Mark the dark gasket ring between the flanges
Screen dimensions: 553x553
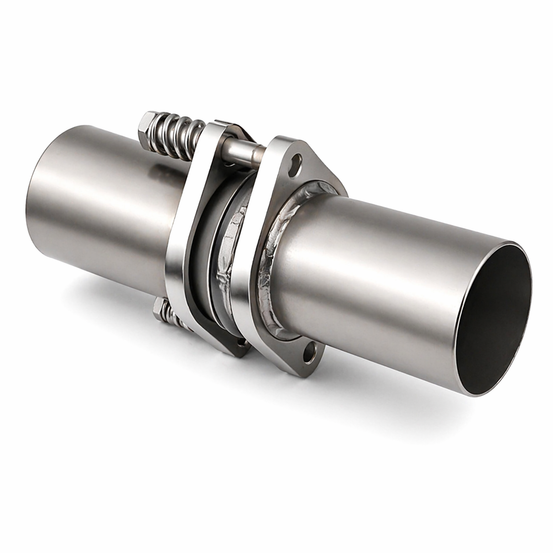pos(207,247)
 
